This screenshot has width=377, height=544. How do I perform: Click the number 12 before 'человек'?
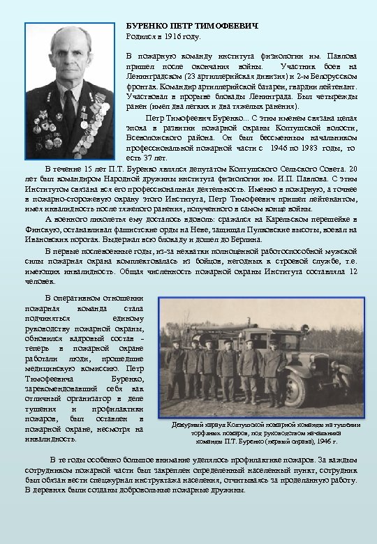pos(352,271)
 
